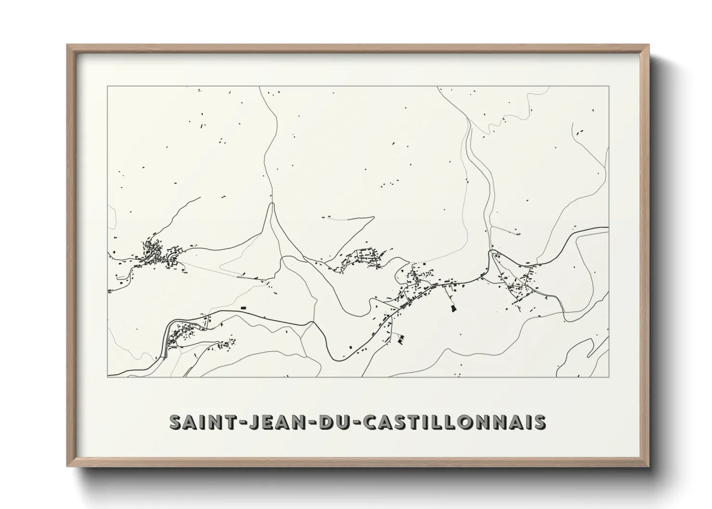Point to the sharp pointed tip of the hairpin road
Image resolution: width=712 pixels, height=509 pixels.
(273, 204)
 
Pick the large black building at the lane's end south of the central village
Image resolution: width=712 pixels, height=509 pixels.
(452, 308)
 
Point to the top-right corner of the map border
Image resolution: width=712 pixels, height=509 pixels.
(609, 86)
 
